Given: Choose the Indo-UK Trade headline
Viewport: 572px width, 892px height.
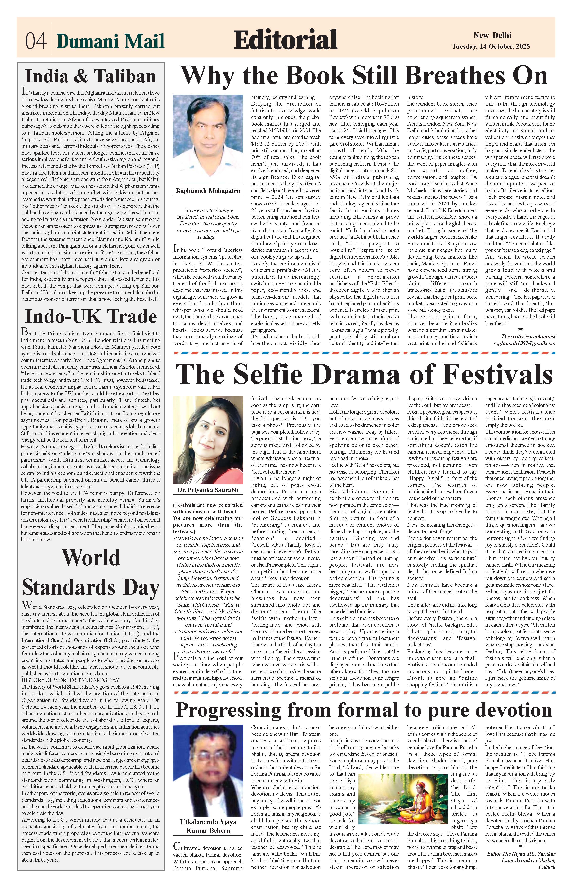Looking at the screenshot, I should pyautogui.click(x=91, y=317).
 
